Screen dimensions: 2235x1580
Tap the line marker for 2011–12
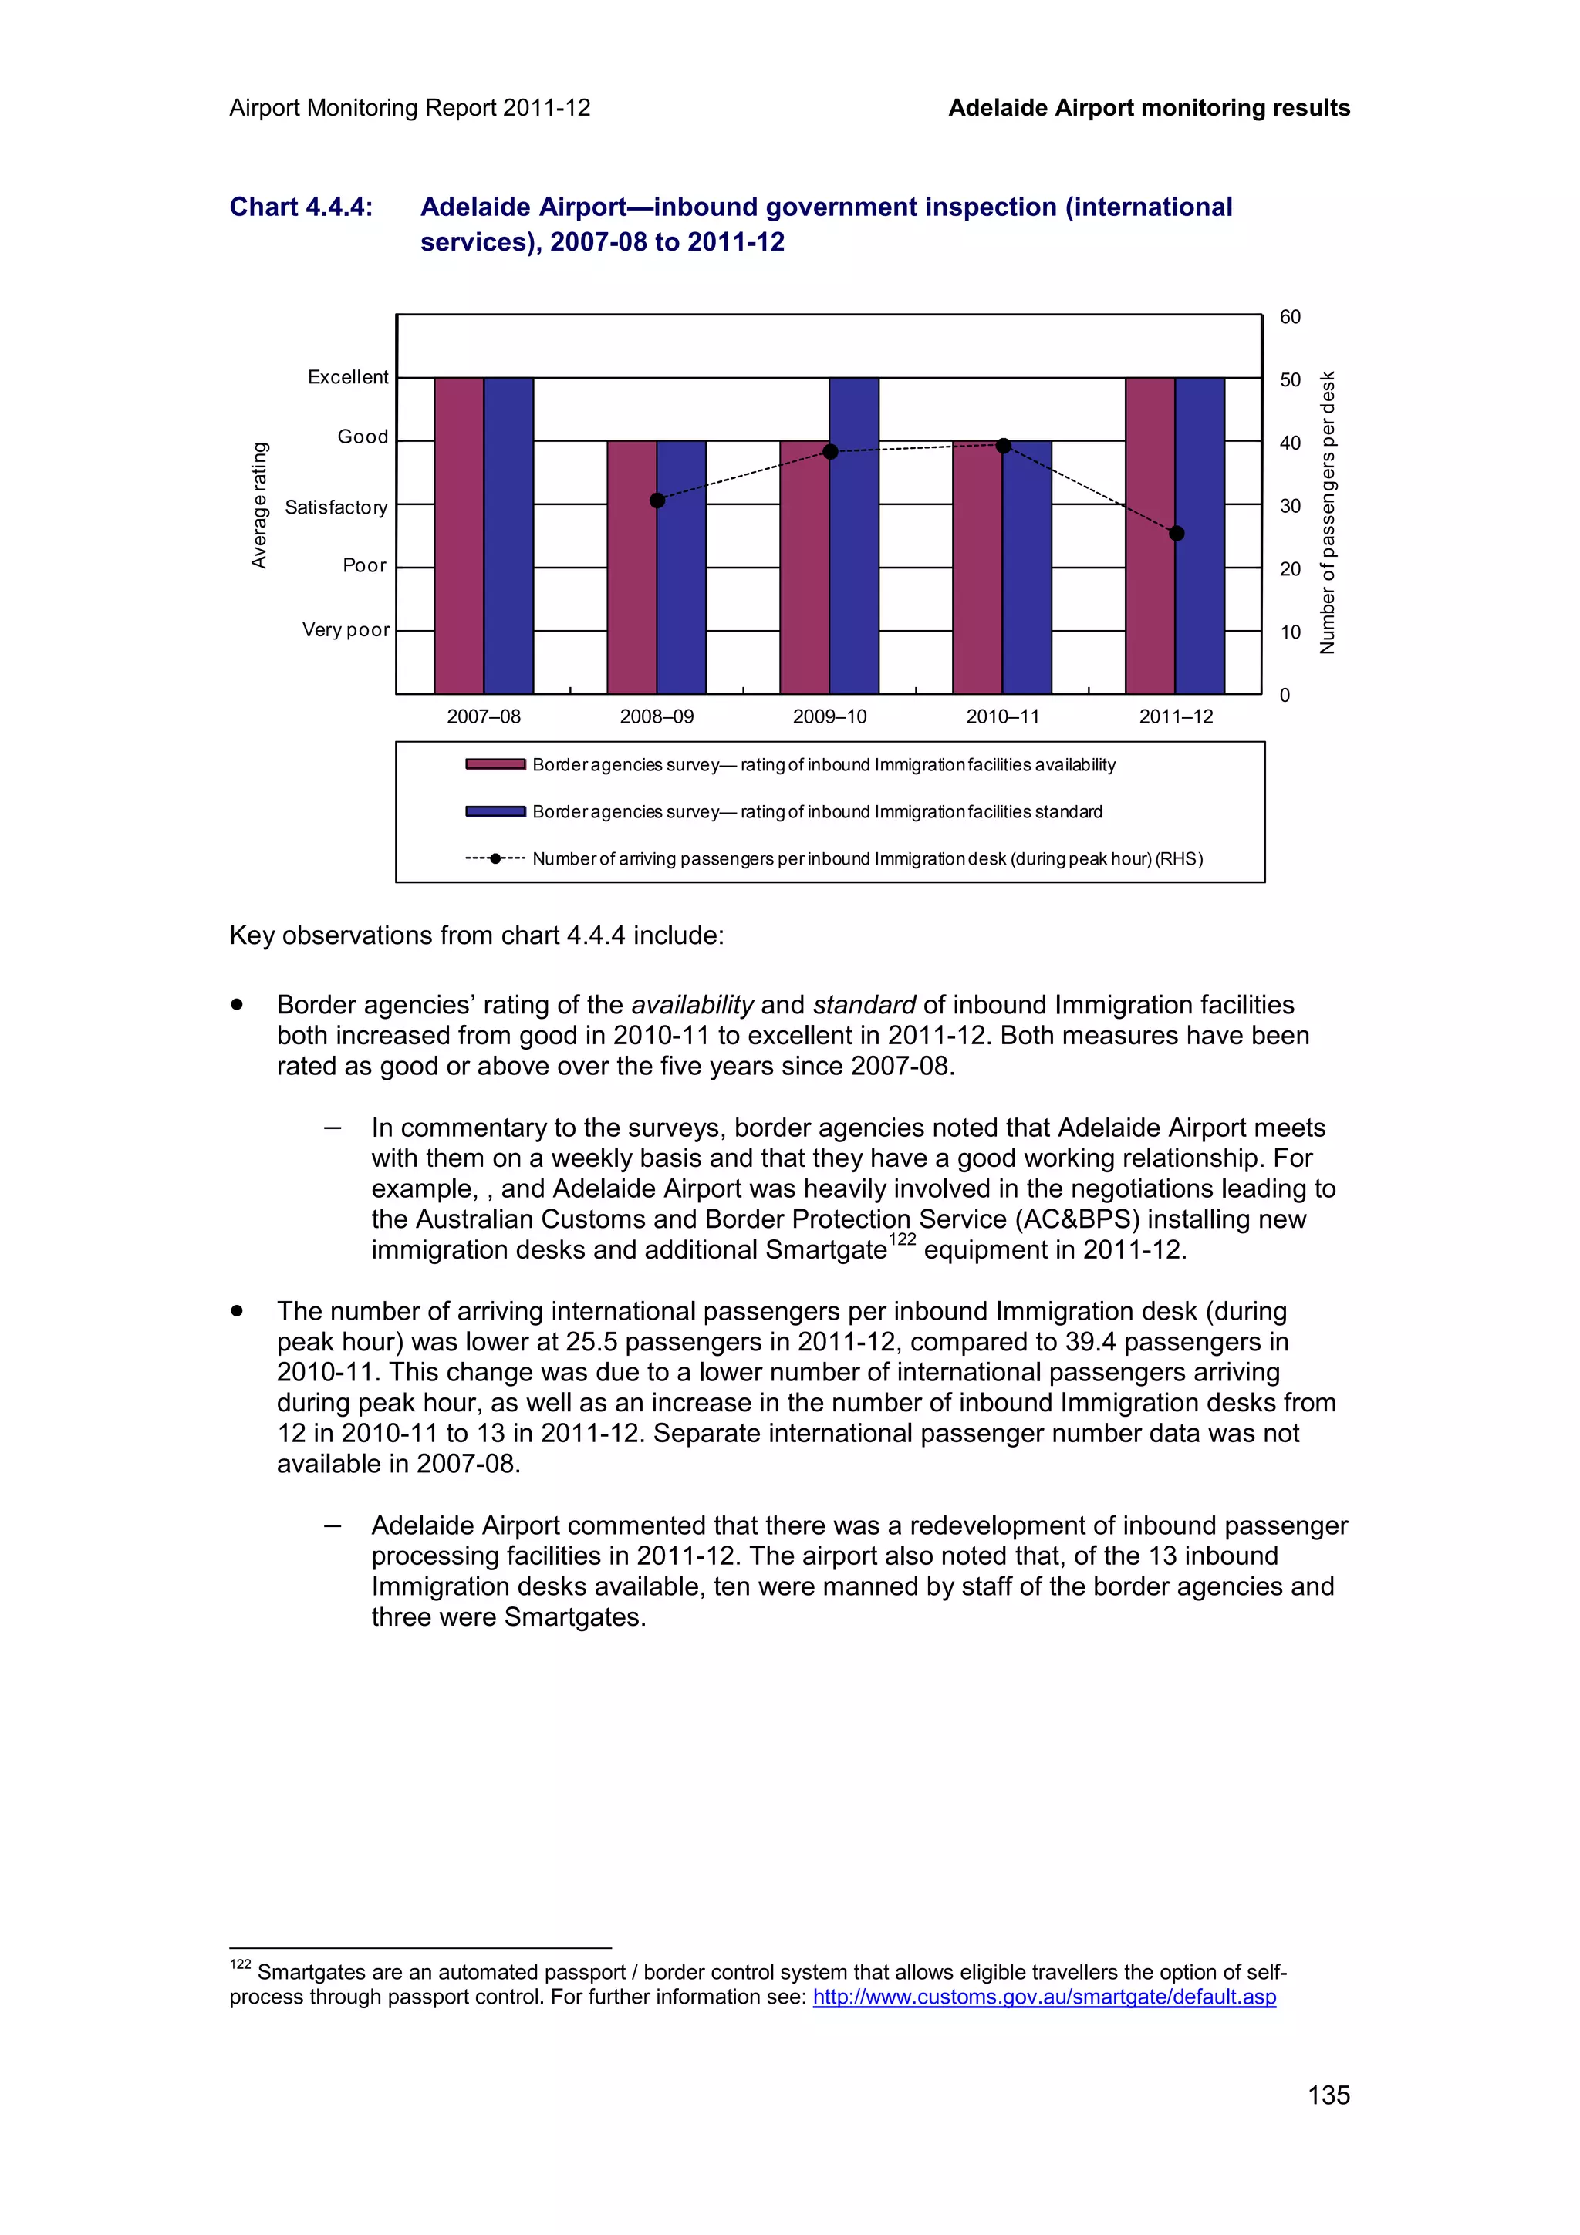pos(1176,534)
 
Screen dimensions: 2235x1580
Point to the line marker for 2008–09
pos(657,501)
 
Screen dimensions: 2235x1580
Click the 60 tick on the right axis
pos(1289,317)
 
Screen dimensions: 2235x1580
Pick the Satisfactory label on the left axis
pos(336,507)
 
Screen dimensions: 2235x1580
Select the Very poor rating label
pos(346,630)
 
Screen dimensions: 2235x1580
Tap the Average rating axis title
pos(259,505)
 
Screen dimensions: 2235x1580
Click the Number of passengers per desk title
pos(1327,513)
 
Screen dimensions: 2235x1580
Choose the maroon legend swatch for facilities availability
pos(495,764)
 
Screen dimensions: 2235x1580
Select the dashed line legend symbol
pos(495,858)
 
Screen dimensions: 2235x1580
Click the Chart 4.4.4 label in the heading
pos(301,207)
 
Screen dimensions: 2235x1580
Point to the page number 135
pos(1328,2095)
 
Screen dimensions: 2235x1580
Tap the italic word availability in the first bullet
pos(692,1005)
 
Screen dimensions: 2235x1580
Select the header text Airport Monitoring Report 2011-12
pos(410,108)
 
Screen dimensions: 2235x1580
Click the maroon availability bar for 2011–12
pos(1149,535)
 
